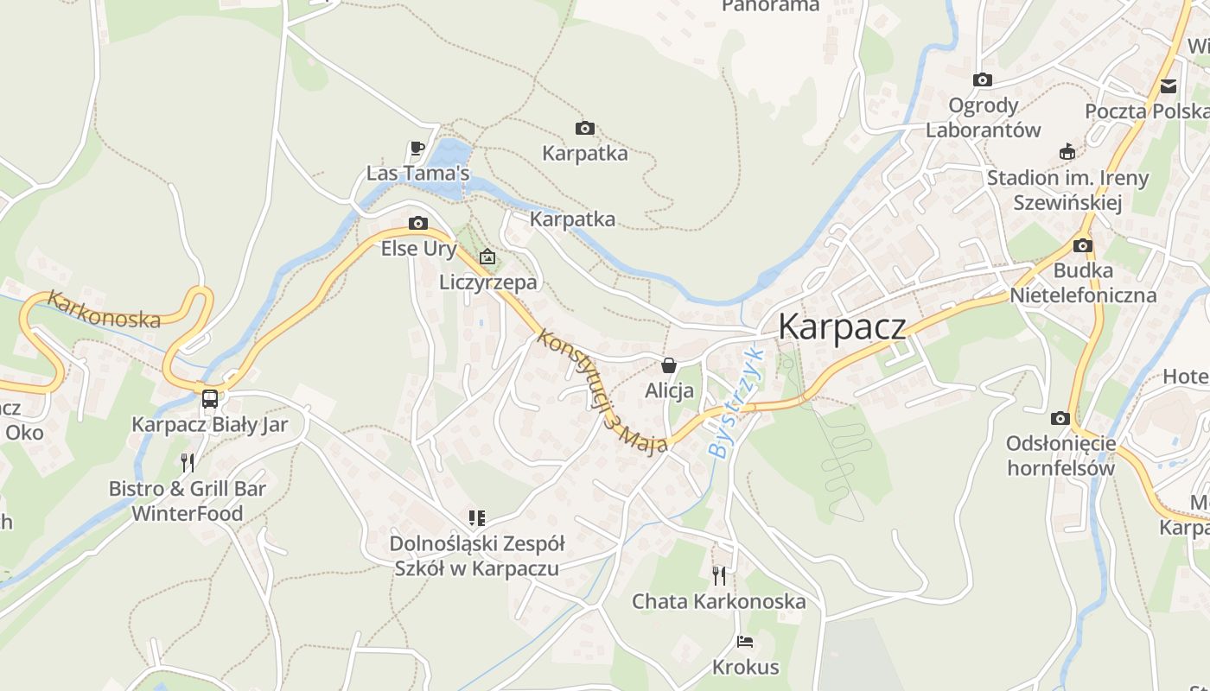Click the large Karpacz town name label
point(842,327)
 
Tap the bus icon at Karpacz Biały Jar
point(210,398)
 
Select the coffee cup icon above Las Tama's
point(417,149)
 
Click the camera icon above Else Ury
point(418,224)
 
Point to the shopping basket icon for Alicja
point(669,365)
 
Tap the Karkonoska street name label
point(104,309)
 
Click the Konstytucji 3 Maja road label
point(602,391)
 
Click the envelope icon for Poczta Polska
point(1169,86)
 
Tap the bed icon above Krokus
point(745,642)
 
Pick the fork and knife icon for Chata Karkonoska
point(719,575)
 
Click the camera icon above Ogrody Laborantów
point(983,80)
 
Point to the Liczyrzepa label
point(487,282)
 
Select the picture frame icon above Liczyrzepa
point(487,257)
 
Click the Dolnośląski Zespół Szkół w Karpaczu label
point(476,556)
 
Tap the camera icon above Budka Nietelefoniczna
point(1083,246)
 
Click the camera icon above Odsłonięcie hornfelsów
point(1060,419)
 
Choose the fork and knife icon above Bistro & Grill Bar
point(188,462)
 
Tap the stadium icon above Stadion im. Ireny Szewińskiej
point(1067,152)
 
